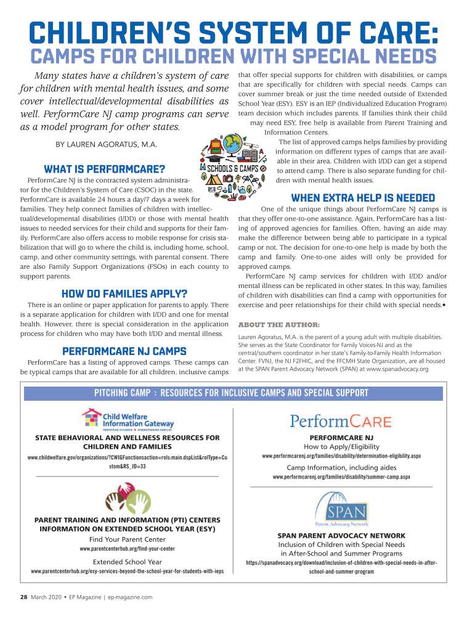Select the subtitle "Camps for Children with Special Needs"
233,57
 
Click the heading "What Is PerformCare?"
105,169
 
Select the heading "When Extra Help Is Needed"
354,198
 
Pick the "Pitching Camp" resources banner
231,393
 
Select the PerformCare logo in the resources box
341,422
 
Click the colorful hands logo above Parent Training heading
128,499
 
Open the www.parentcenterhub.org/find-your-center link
128,548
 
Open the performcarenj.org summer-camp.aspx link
341,477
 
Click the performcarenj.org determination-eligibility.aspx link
341,456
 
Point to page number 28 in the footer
23,597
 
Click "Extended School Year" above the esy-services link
128,562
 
